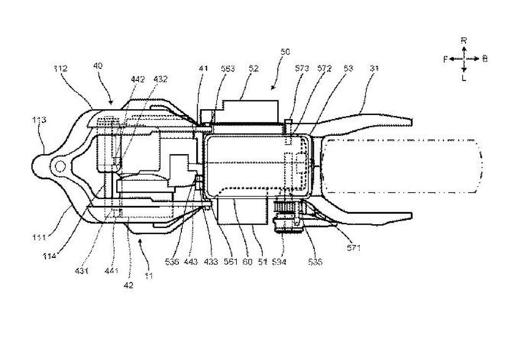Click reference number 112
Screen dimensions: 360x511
[61, 68]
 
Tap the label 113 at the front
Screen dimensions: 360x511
[39, 119]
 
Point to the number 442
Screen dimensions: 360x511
[138, 80]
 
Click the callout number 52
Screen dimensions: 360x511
[254, 70]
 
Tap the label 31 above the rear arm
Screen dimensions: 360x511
[374, 70]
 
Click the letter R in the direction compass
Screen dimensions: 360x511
[464, 40]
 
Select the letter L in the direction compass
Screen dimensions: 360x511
[464, 78]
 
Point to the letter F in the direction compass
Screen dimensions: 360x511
[445, 59]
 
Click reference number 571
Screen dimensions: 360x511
[354, 248]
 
